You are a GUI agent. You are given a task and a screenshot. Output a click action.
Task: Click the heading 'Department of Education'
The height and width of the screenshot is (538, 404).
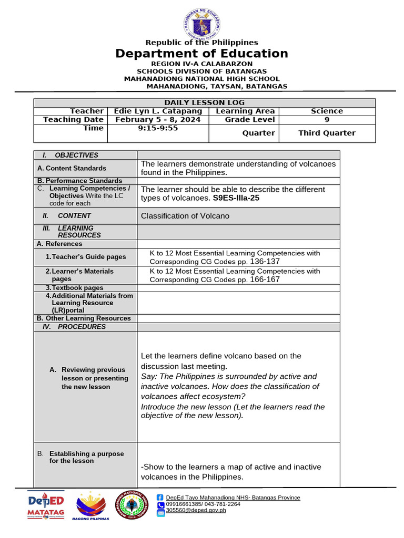coord(202,54)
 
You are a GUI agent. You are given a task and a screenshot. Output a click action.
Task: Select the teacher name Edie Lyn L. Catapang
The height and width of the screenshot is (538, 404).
coord(158,111)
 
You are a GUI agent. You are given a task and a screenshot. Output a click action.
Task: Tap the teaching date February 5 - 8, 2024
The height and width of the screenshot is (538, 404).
coord(158,119)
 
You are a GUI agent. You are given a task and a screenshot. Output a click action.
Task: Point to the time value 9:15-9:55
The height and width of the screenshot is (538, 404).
coord(158,128)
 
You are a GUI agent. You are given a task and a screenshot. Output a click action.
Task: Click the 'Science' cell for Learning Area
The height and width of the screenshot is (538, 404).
coord(327,111)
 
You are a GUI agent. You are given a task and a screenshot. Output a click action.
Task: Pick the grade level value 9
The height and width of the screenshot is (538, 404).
coord(327,119)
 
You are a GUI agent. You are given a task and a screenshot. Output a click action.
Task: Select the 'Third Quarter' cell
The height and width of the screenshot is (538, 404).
coord(327,133)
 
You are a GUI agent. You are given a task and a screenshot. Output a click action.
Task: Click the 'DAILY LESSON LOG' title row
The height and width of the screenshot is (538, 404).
coord(204,102)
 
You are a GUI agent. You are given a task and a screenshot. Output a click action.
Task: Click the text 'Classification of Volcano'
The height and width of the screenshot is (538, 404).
coord(185,216)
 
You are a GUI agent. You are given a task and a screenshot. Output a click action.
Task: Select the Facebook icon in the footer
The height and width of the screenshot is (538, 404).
coord(160,498)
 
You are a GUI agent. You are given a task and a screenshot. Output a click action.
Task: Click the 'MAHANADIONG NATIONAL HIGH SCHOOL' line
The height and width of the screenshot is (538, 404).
coord(201,79)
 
